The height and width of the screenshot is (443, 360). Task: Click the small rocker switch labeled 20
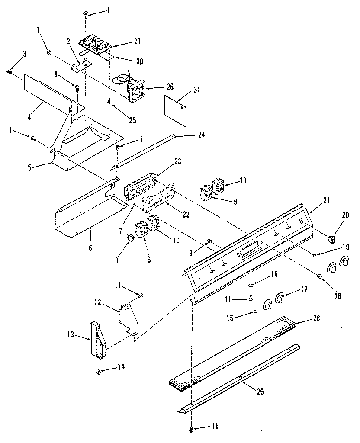pos(331,238)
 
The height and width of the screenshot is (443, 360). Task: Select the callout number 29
pos(260,392)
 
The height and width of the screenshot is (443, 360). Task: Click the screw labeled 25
pos(109,102)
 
